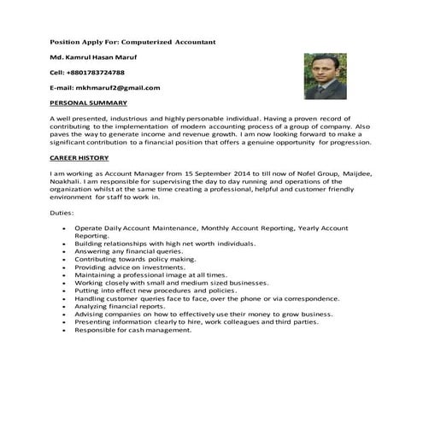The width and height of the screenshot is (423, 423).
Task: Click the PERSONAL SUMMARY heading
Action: tap(89, 102)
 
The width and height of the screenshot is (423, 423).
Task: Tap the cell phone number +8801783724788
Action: tap(97, 72)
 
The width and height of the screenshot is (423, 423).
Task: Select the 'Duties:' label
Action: tap(62, 212)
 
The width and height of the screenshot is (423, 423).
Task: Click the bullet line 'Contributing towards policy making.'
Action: tap(137, 260)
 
